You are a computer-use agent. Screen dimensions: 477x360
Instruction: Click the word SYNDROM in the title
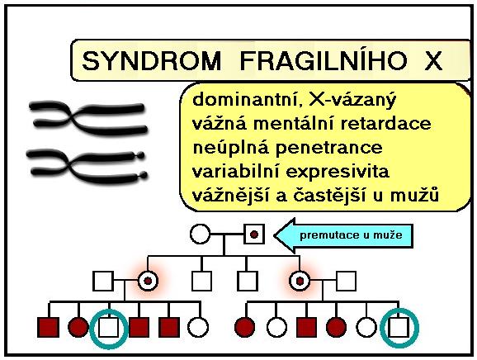(x=152, y=61)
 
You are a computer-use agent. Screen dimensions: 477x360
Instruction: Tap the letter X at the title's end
(x=433, y=61)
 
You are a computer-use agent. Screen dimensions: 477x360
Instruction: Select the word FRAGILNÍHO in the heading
(x=323, y=60)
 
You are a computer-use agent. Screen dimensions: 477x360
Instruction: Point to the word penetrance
(x=328, y=148)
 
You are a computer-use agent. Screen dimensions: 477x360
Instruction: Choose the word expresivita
(x=338, y=172)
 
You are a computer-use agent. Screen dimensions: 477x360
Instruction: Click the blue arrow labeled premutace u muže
(x=344, y=235)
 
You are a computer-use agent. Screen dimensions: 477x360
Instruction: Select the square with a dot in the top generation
(x=254, y=234)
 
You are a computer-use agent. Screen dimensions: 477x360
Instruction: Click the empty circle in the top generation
(x=200, y=234)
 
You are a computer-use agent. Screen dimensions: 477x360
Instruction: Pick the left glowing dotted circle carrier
(x=148, y=281)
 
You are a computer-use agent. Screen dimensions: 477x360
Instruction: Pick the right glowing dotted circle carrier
(x=300, y=281)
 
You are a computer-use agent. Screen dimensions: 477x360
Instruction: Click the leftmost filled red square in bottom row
(x=49, y=328)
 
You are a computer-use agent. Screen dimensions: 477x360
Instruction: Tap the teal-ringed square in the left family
(x=109, y=328)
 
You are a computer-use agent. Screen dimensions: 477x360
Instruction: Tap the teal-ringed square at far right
(x=399, y=327)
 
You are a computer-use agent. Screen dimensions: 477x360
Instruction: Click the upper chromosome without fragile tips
(x=88, y=118)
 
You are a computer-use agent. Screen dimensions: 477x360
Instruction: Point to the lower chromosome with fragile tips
(x=87, y=167)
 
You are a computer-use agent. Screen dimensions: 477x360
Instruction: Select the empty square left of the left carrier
(x=103, y=281)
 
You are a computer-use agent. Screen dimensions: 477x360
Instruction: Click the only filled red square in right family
(x=307, y=328)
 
